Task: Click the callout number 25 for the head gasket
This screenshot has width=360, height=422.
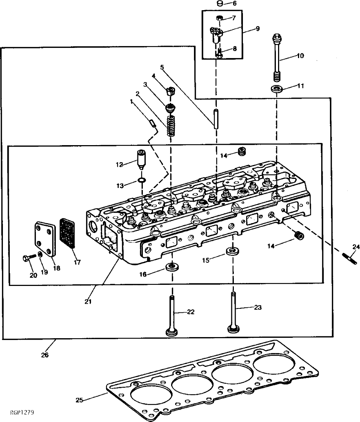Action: coord(79,400)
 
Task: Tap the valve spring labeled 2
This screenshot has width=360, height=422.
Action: coord(170,125)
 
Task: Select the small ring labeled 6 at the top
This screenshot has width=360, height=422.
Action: coord(220,3)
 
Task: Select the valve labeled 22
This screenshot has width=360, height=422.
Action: coord(172,316)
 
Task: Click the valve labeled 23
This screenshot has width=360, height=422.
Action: coord(233,312)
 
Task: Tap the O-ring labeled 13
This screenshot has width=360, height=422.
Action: coord(142,180)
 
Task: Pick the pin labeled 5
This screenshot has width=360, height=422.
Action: coord(216,119)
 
